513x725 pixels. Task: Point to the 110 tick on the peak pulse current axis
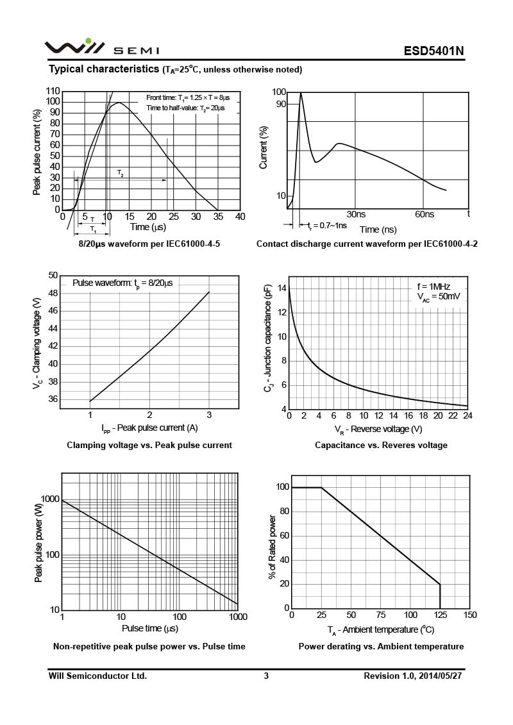(53, 91)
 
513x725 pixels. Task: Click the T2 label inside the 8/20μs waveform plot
(121, 174)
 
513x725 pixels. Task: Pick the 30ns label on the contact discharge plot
(356, 214)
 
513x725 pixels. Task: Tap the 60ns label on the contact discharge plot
(424, 214)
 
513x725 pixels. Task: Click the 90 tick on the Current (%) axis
(281, 104)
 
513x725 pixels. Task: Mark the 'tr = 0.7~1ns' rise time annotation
(327, 225)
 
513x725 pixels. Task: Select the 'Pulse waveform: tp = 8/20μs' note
(122, 283)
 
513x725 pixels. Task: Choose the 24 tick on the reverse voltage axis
(467, 415)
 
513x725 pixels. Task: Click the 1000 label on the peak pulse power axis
(51, 499)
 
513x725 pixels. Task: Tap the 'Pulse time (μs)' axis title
(149, 628)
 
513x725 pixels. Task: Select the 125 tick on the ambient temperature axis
(440, 615)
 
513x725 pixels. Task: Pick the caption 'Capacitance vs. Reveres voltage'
(381, 445)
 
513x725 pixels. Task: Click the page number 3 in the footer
(266, 676)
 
